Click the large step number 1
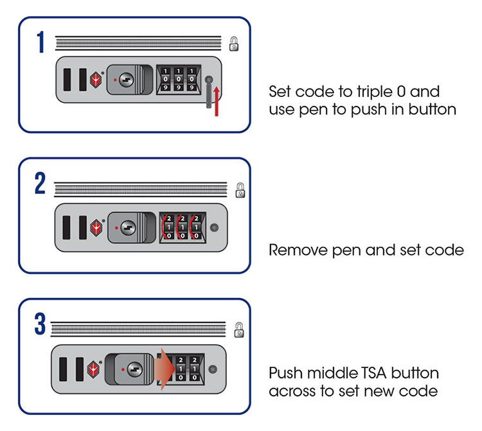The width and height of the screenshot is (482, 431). point(40,43)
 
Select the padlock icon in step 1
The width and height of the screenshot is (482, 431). point(235,44)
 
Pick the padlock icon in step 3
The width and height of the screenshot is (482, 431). point(239,330)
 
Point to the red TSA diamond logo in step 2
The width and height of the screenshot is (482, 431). point(96,227)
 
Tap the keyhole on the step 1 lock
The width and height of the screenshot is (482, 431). point(127,80)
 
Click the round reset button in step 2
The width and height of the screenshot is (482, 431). point(214,228)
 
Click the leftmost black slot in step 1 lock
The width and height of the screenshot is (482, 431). point(67,80)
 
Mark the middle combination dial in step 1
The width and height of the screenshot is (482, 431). point(178,80)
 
